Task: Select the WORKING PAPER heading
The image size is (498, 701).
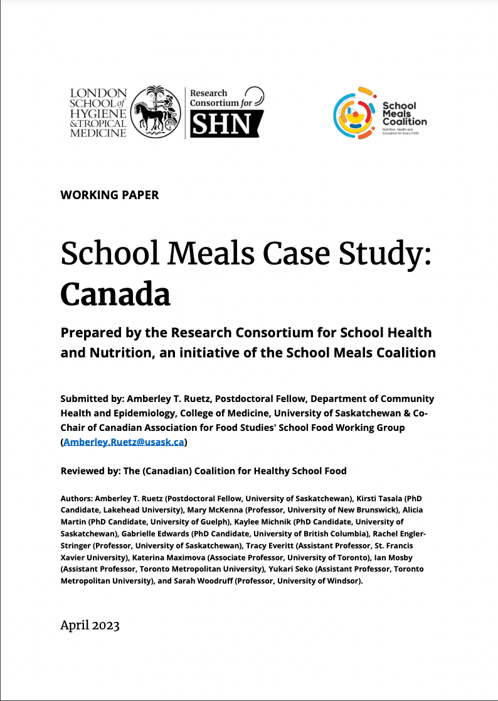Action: coord(110,195)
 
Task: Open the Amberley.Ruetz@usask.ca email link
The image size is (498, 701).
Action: coord(124,442)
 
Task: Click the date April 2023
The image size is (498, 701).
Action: coord(90,625)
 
